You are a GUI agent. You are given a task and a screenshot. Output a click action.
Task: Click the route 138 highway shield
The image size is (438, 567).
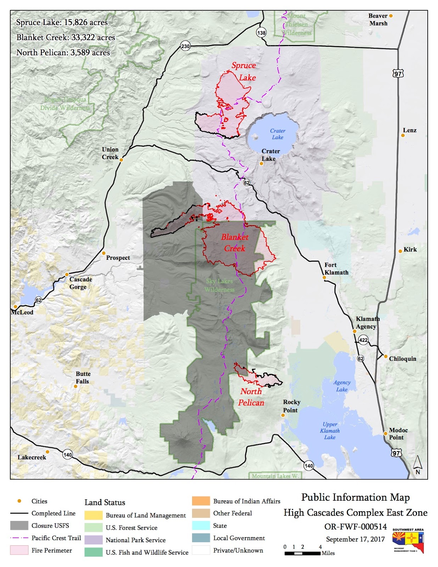(261, 33)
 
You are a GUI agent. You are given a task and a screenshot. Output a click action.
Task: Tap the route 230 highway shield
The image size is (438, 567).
(185, 46)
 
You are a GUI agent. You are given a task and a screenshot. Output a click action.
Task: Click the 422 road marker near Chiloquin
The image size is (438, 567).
(363, 340)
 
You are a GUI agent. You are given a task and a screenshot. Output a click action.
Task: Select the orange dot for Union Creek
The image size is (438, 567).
(121, 160)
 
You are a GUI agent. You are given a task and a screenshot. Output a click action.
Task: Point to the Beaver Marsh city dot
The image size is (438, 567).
(391, 16)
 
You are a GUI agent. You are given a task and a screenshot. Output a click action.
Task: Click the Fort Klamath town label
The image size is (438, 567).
(336, 269)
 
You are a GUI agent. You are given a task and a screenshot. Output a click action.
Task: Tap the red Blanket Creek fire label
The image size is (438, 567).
(235, 243)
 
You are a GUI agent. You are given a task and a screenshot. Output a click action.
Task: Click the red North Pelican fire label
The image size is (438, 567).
(251, 397)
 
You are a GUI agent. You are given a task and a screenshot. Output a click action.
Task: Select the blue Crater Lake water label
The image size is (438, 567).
(277, 134)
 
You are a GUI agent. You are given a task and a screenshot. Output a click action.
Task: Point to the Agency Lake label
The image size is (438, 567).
(342, 386)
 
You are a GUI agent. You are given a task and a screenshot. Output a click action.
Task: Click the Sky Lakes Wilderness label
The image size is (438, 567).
(219, 285)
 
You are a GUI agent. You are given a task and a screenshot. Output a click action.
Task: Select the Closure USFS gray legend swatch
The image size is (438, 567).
(19, 526)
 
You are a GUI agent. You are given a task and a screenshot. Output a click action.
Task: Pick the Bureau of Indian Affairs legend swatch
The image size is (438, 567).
(201, 501)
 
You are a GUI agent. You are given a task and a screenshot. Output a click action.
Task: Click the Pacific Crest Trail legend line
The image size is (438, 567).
(19, 538)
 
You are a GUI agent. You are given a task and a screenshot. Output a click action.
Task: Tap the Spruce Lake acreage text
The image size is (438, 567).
(62, 22)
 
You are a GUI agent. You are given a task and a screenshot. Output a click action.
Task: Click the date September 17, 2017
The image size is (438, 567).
(355, 539)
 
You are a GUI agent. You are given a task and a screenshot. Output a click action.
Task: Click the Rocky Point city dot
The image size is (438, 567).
(283, 415)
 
